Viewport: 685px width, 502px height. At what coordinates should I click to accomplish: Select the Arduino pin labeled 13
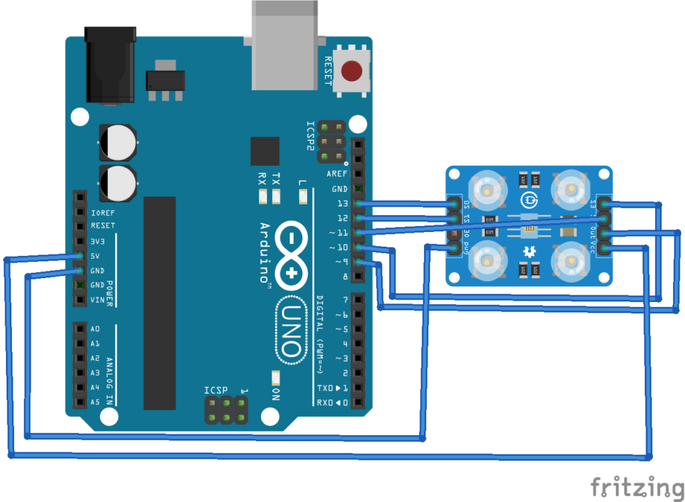point(359,203)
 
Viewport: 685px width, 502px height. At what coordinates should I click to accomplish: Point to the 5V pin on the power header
point(80,256)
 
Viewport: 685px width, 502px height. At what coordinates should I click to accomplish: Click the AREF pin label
point(336,174)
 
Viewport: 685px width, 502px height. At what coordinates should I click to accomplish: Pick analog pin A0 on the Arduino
point(80,329)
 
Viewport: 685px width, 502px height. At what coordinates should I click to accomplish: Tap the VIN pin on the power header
point(80,299)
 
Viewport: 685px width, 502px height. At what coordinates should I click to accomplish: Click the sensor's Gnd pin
point(454,249)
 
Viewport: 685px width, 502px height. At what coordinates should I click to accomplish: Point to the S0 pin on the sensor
point(454,204)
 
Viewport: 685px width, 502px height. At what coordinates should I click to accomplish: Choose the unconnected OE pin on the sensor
point(454,234)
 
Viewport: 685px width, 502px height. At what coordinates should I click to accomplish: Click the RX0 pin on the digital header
point(359,402)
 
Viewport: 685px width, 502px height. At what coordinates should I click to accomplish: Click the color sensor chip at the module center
point(528,229)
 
